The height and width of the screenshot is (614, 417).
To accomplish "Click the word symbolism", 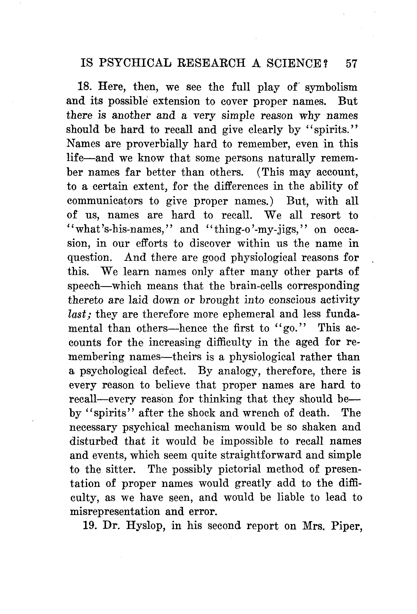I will (x=331, y=87).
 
